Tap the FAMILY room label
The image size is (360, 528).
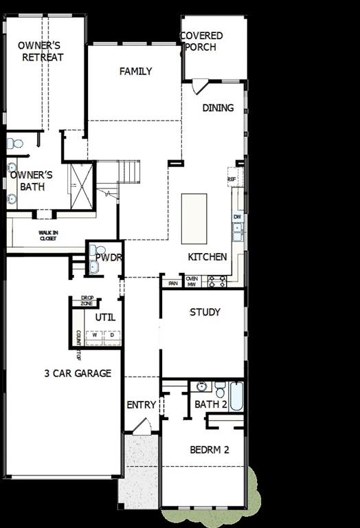(135, 71)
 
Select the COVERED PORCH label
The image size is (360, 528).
(201, 41)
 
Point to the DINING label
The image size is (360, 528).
(218, 108)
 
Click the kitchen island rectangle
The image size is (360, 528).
(194, 218)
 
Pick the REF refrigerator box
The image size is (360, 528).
(232, 177)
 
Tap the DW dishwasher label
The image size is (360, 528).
(237, 217)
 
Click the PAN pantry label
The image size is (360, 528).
(173, 283)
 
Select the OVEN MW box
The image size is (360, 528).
(192, 281)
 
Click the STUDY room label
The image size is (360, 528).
(205, 312)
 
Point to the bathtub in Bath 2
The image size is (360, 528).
(236, 396)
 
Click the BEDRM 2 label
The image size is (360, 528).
(209, 450)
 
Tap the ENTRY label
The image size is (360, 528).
(142, 405)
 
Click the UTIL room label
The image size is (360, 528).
(105, 318)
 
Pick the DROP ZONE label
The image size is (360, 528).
(87, 301)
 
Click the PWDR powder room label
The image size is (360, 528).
(109, 258)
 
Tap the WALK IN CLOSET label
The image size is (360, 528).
(48, 236)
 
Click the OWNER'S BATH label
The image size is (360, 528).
(31, 181)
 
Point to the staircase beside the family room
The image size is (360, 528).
(128, 171)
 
